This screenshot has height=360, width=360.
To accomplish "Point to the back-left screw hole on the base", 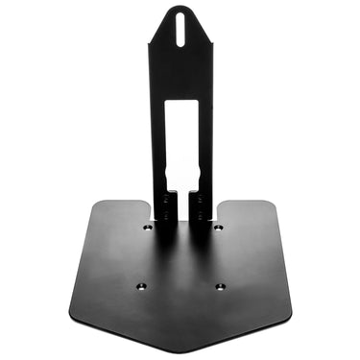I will pos(146,228).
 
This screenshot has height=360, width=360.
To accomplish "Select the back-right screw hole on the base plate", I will pos(219,228).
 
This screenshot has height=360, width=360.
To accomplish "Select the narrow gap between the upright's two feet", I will pos(181,207).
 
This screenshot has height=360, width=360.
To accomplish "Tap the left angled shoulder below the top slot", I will pos(154,42).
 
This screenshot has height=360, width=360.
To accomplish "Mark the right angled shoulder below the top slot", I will pos(208,42).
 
